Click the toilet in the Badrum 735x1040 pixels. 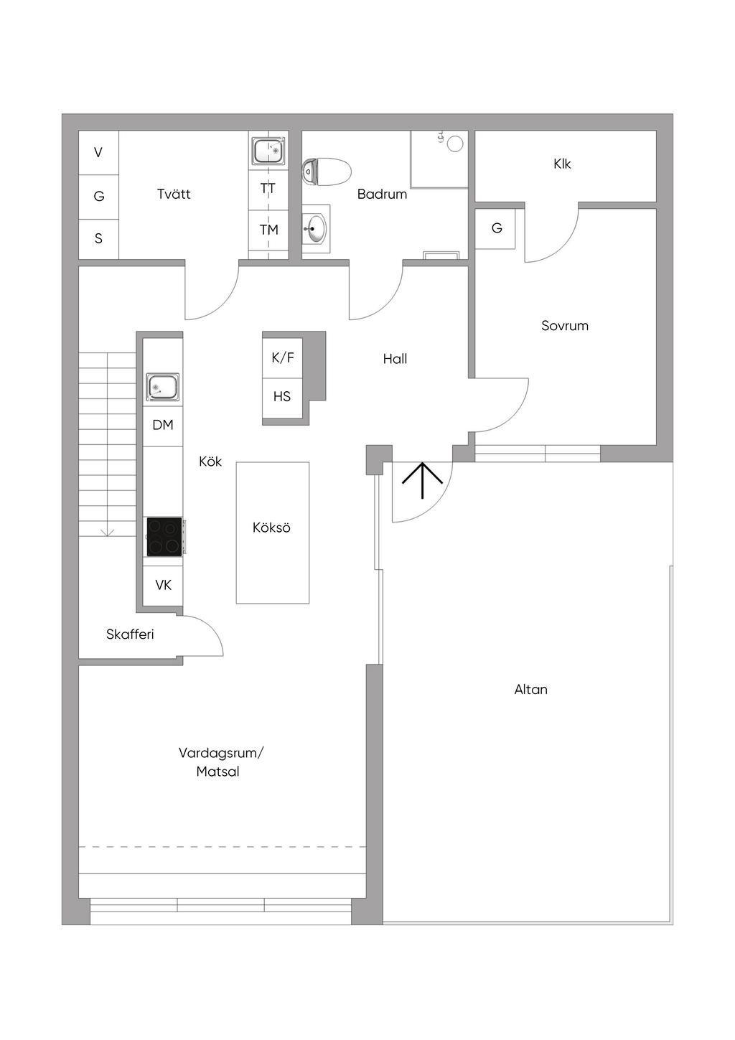tap(326, 172)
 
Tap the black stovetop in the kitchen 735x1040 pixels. tap(164, 536)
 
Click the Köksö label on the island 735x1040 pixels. tap(271, 528)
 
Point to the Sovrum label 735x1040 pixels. tap(565, 325)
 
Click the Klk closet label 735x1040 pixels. tap(562, 164)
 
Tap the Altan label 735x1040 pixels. tap(530, 690)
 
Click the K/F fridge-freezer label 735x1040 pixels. tap(283, 357)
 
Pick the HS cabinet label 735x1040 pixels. tap(282, 396)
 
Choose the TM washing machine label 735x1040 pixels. tap(269, 230)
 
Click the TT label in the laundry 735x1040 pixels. tap(268, 189)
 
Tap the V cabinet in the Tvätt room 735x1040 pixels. tap(98, 152)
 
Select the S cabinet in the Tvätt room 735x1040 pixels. tap(98, 238)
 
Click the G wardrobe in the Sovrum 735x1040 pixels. tap(495, 228)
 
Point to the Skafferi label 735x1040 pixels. tap(129, 634)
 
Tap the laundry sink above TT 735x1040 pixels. tap(268, 151)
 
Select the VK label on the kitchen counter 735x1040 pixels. tap(164, 585)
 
